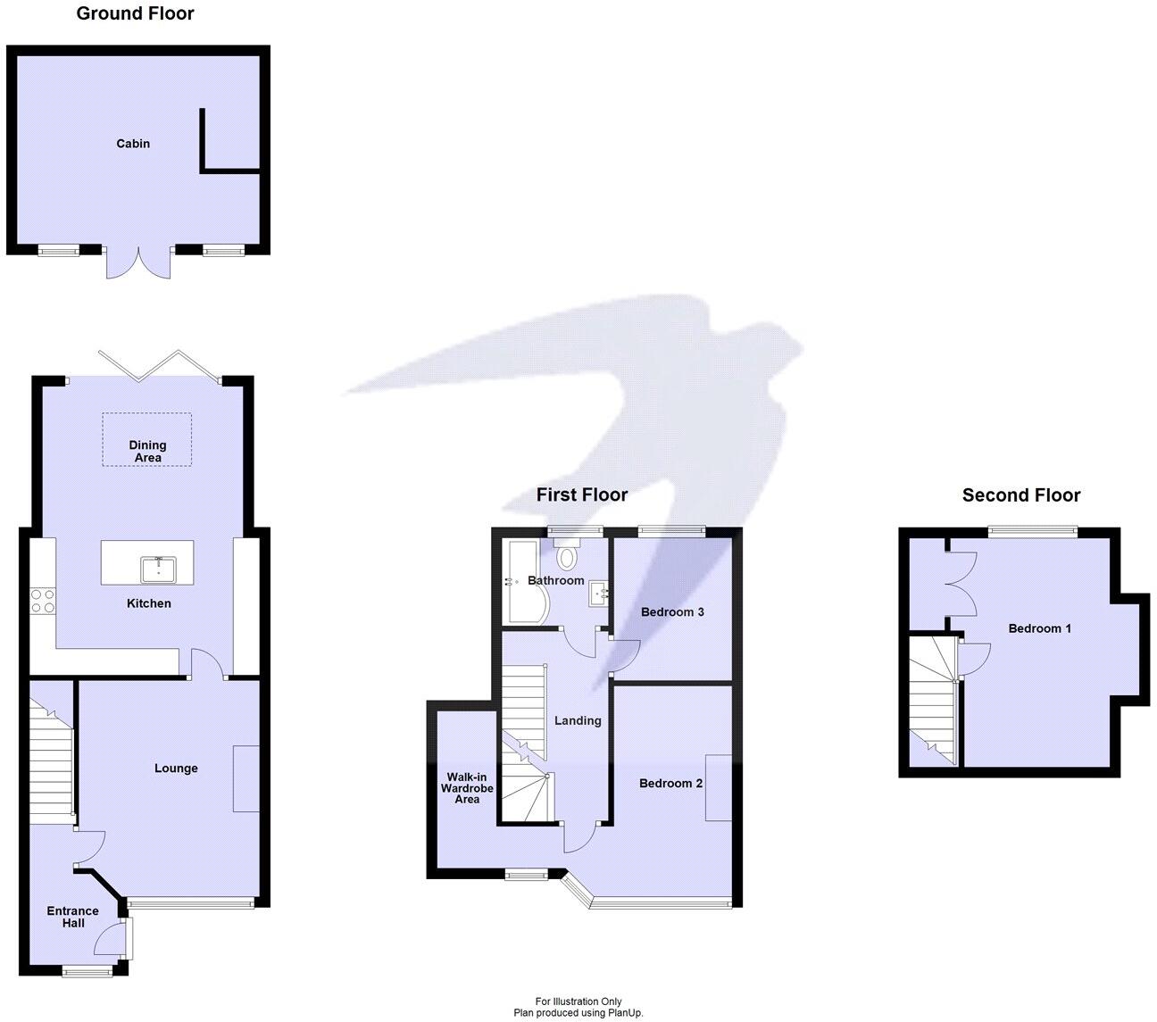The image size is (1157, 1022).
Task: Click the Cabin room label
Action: (x=133, y=144)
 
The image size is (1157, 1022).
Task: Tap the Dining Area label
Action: (x=147, y=451)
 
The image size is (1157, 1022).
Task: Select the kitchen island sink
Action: (x=158, y=568)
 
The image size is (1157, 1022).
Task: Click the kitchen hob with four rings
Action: (x=42, y=600)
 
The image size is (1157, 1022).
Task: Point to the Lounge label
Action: (x=176, y=769)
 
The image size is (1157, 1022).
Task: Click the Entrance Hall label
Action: (x=73, y=917)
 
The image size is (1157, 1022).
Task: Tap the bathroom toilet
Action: (x=567, y=556)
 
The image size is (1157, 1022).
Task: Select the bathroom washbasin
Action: (x=598, y=594)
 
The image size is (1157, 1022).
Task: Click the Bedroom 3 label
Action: (x=672, y=612)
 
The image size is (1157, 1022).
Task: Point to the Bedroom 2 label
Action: (x=670, y=784)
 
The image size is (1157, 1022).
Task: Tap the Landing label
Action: (x=578, y=721)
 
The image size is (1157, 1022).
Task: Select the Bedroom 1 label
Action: (x=1039, y=628)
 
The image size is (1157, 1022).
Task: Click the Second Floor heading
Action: (x=1020, y=495)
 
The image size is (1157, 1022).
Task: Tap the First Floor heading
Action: (x=581, y=494)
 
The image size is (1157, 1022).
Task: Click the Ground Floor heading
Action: (x=135, y=13)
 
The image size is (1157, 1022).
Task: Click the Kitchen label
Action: (x=148, y=603)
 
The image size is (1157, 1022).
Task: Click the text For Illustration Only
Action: (x=578, y=1001)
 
